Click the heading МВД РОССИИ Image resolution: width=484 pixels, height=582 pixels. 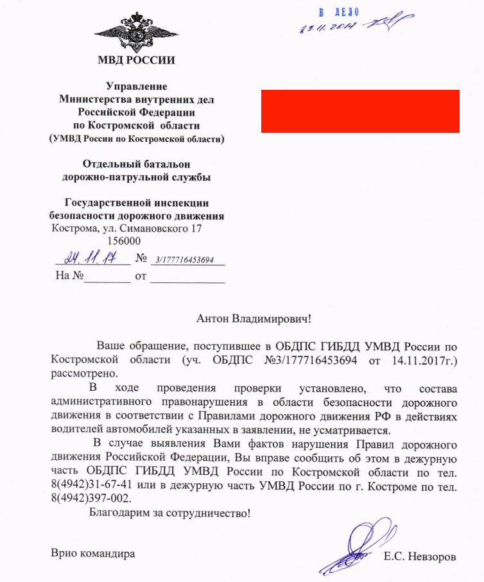point(136,61)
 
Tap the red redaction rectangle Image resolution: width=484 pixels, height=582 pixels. point(360,111)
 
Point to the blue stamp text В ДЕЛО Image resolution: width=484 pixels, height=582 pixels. point(340,12)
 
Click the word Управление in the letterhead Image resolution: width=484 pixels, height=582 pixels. point(136,87)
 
